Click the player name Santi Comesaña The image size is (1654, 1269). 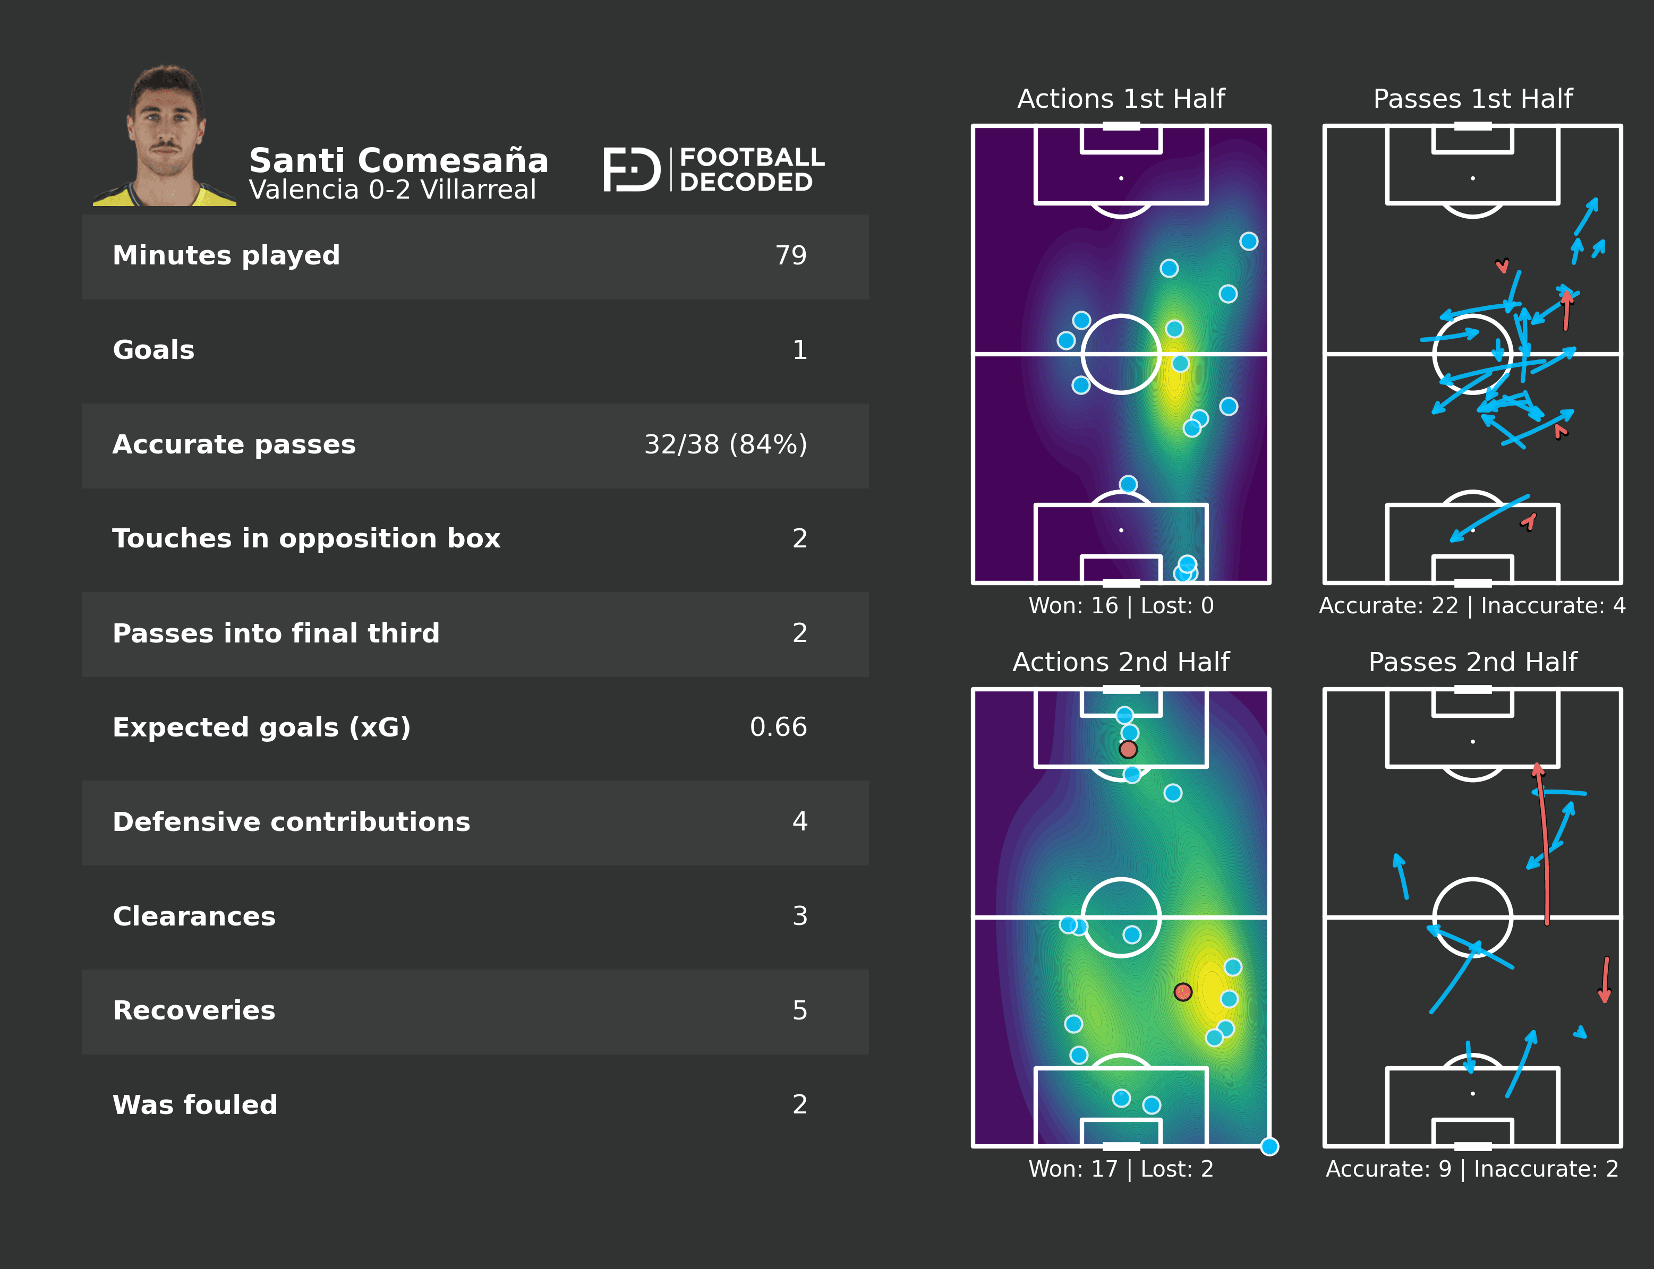point(398,161)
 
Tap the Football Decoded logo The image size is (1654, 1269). point(713,169)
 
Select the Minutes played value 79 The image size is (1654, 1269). point(790,256)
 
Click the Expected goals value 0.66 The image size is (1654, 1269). point(778,727)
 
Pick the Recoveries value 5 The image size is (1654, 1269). point(799,1010)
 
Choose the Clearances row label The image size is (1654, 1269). point(194,916)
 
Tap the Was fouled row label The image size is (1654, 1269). point(195,1105)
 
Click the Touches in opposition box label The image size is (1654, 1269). point(306,538)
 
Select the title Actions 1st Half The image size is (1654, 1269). point(1121,99)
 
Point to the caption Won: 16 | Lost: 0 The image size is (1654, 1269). point(1121,606)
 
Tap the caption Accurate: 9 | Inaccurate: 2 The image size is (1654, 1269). point(1472,1169)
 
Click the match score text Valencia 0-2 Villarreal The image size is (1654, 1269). point(392,190)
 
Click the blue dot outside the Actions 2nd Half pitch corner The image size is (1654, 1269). point(1269,1147)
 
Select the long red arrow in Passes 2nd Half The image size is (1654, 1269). point(1544,846)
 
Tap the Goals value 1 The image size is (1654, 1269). point(799,350)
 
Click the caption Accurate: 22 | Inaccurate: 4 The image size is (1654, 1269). point(1472,606)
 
